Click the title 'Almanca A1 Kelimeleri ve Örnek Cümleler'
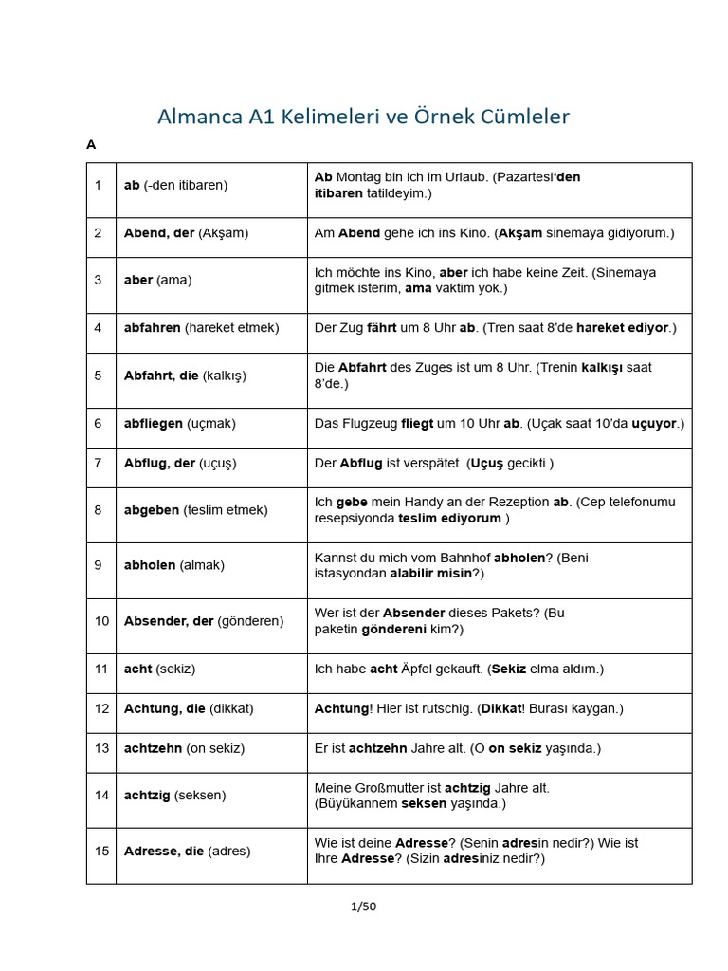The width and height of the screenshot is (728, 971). pos(363,117)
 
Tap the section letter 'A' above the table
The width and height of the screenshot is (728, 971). pos(91,145)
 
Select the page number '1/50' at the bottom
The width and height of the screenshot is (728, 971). pos(363,907)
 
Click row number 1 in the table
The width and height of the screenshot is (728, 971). pos(98,185)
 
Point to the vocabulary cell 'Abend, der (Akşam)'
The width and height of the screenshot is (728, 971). pos(185,232)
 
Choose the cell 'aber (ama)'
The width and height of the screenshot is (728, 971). pos(157,280)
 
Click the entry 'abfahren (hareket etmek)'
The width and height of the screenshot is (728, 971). pos(201,327)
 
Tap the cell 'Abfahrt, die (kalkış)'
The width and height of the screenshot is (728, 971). pos(185,376)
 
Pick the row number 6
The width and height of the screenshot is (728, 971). pos(98,423)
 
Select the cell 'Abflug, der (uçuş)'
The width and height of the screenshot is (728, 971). pos(180,463)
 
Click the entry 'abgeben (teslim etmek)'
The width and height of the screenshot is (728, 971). pos(195,510)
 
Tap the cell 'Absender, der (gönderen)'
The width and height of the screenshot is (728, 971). pos(204,621)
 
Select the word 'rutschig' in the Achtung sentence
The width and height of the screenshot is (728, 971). pos(442,708)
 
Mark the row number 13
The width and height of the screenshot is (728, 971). pos(100,748)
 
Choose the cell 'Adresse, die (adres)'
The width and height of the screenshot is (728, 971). pos(187,851)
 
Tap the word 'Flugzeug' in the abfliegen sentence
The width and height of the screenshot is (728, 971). pos(370,423)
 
